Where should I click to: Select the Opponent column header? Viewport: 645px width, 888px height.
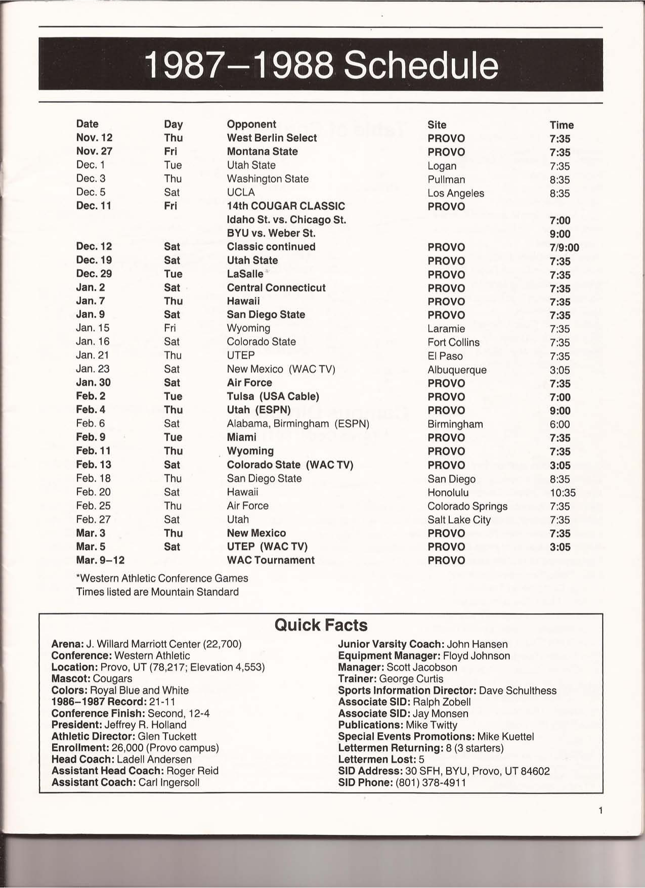[251, 124]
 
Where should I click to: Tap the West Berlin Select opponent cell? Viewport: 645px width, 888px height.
[272, 138]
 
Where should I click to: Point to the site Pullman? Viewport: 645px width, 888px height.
[446, 180]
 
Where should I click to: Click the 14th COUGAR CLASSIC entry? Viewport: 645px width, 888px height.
[286, 206]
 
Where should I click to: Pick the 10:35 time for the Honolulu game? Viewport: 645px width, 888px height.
[563, 493]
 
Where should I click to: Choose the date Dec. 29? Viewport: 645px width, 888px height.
[94, 274]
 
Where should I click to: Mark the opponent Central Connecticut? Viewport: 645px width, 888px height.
[276, 288]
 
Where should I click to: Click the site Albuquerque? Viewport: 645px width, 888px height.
[457, 370]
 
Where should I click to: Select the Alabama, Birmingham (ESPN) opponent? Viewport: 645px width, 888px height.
[298, 424]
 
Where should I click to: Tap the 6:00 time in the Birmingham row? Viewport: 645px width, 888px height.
[560, 425]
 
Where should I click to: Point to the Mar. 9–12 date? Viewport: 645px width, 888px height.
[100, 560]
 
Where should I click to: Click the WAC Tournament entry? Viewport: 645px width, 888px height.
[271, 560]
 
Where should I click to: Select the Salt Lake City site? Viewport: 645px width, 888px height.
[459, 520]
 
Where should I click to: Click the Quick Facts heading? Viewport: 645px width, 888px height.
[321, 625]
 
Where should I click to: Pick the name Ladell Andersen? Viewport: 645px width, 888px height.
[154, 759]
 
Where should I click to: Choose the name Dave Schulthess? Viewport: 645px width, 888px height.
[518, 691]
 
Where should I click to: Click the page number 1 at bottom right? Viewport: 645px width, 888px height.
[600, 811]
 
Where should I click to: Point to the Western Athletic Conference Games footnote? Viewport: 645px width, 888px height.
[162, 578]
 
